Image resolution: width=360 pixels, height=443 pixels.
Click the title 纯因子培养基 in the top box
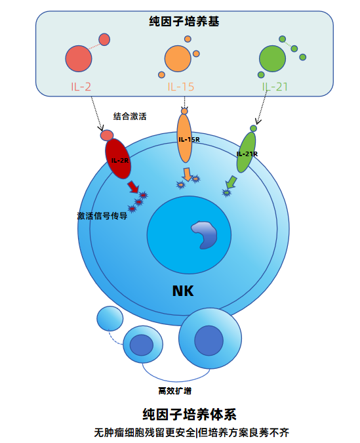coord(184,21)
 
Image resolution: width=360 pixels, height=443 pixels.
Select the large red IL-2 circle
coord(79,58)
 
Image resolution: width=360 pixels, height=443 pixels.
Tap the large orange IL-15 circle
coord(178,58)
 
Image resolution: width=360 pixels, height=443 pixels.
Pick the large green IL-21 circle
coord(273,58)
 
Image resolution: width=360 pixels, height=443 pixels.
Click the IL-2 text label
coord(81,87)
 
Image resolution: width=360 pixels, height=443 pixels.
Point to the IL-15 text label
coord(181,87)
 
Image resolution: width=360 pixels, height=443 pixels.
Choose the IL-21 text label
coord(275,87)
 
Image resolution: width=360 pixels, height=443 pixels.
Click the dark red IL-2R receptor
coord(118,159)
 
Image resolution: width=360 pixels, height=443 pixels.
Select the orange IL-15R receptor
coord(184,138)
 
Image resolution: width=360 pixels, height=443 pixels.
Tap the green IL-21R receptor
coord(246,152)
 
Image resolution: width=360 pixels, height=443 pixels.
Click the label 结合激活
coord(130,116)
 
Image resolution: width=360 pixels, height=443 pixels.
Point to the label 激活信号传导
coord(102,216)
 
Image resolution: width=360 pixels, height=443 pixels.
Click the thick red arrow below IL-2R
coord(133,187)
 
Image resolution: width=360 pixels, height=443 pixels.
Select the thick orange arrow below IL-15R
coord(187,175)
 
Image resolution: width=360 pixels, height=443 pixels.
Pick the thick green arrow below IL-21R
coord(231,182)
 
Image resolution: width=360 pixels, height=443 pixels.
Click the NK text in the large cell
coord(183,291)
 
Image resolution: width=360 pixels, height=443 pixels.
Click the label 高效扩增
coord(175,390)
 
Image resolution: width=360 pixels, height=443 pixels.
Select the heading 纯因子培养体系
coord(190,415)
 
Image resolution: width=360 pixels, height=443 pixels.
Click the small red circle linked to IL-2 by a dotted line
coord(104,39)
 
